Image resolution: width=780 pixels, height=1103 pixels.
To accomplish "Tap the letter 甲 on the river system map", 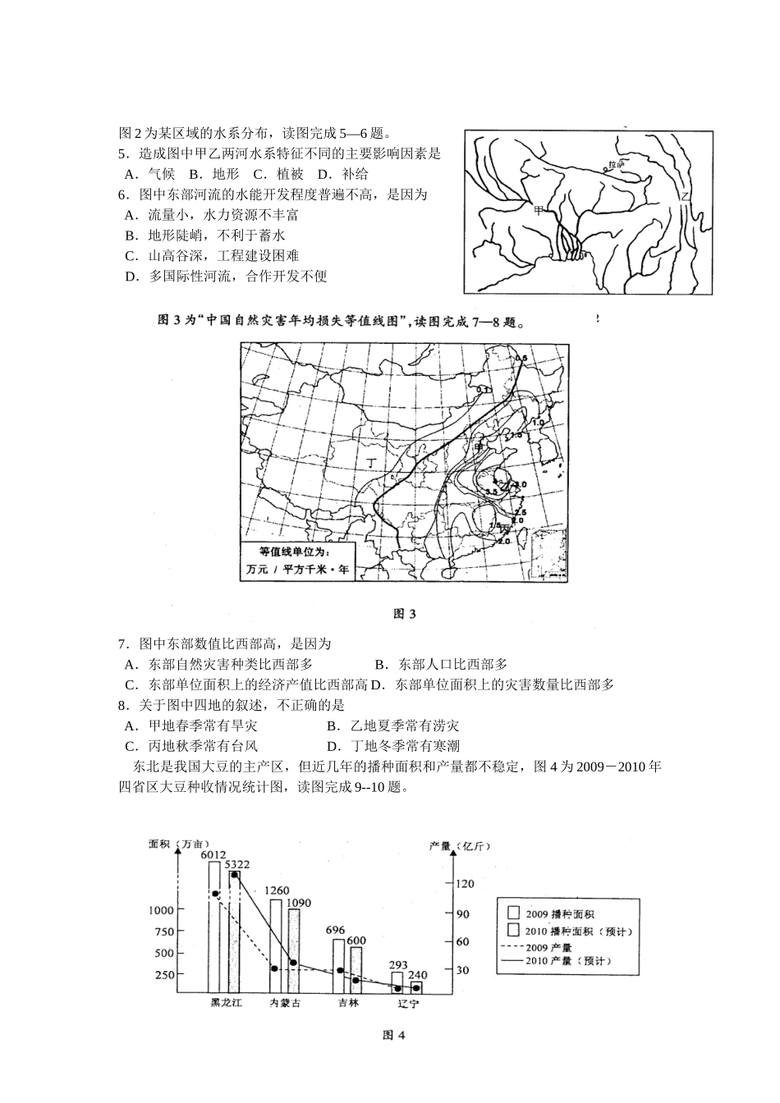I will [x=539, y=210].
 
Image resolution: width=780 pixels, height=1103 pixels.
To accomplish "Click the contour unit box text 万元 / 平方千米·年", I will [x=299, y=569].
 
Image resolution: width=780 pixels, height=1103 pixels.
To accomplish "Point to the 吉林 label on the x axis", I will [x=347, y=1002].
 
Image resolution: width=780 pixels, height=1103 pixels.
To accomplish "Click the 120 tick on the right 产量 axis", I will [x=465, y=884].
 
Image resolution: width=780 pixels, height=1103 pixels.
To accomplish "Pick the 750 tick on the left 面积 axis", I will [x=163, y=931].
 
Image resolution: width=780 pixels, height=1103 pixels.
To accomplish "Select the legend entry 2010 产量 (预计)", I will [x=567, y=960].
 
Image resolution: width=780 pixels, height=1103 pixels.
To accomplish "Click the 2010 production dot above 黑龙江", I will [x=235, y=875].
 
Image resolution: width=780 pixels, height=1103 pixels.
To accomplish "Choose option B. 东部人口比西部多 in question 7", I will [x=441, y=664].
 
